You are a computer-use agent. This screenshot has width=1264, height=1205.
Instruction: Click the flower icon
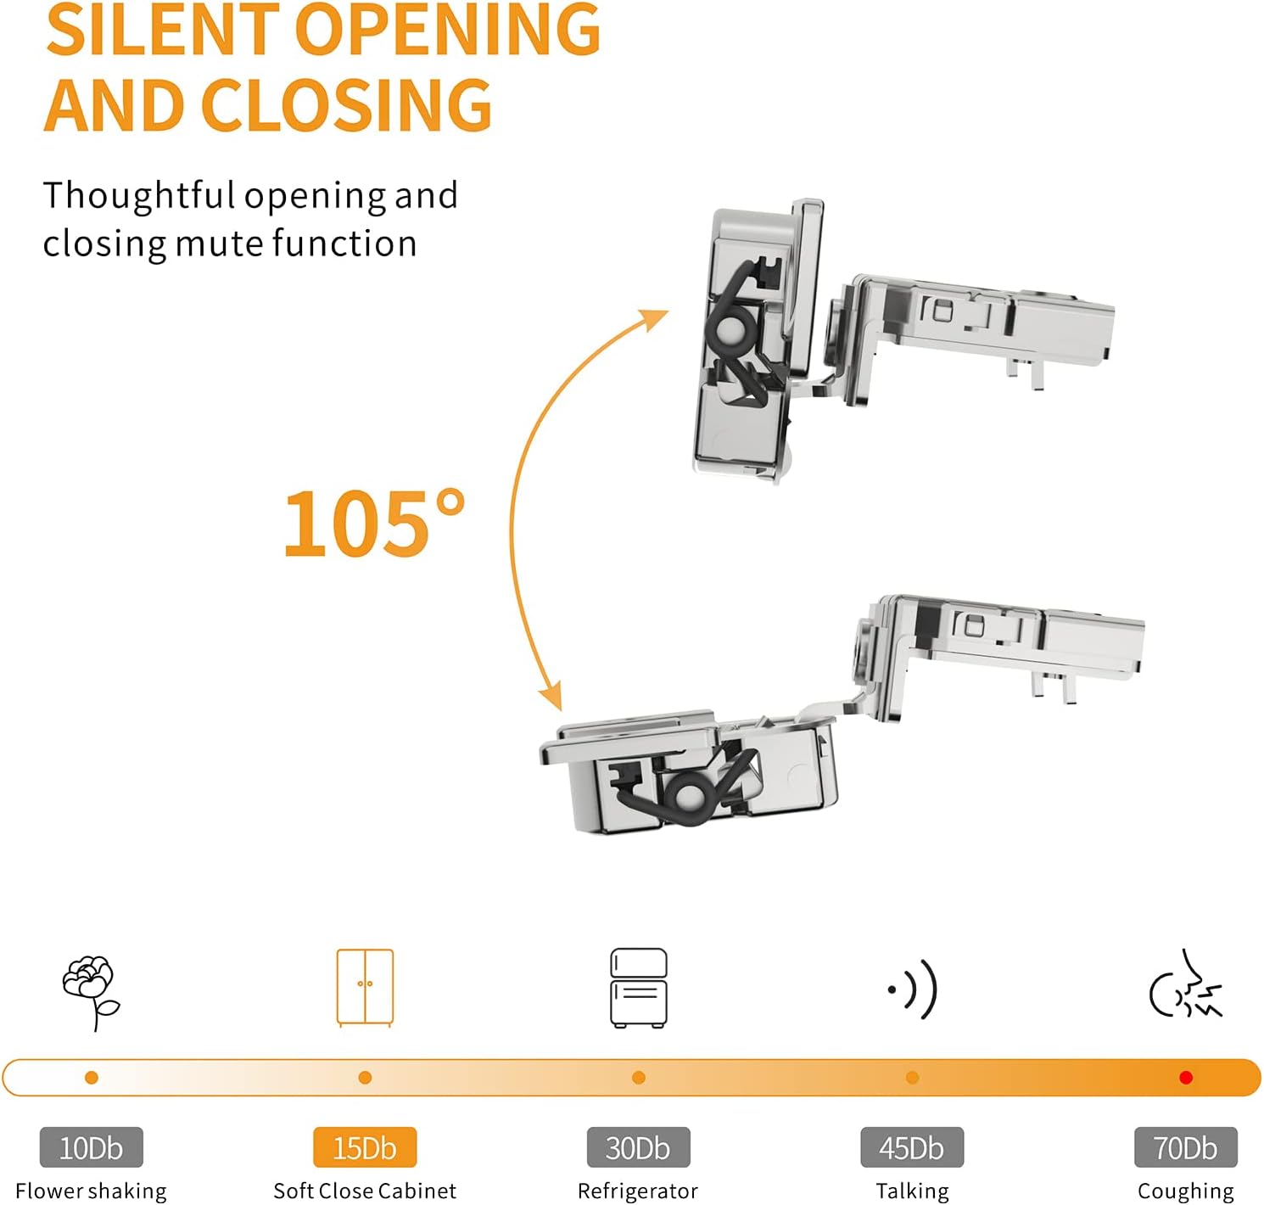(x=90, y=991)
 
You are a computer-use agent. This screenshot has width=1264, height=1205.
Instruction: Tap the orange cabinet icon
(x=365, y=987)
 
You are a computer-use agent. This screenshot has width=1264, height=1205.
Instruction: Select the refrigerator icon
(x=638, y=988)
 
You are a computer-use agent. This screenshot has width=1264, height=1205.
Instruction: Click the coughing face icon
(x=1186, y=988)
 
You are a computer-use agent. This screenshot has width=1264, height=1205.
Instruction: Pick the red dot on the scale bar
(x=1186, y=1078)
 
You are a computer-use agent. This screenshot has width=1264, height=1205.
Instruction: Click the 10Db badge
(x=91, y=1147)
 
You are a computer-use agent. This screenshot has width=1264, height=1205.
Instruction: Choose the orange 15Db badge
(x=365, y=1147)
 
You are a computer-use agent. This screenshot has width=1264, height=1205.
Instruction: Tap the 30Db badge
(x=638, y=1147)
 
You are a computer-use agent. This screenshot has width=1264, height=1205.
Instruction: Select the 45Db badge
(x=912, y=1147)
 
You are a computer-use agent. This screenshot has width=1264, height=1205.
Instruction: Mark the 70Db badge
(x=1185, y=1147)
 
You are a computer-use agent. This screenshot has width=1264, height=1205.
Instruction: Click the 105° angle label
(x=373, y=524)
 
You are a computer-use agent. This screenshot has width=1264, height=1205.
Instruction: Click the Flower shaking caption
(x=91, y=1191)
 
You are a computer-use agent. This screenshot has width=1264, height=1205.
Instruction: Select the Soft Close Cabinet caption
(x=365, y=1191)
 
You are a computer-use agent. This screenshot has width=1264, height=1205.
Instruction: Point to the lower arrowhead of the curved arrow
(x=552, y=698)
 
